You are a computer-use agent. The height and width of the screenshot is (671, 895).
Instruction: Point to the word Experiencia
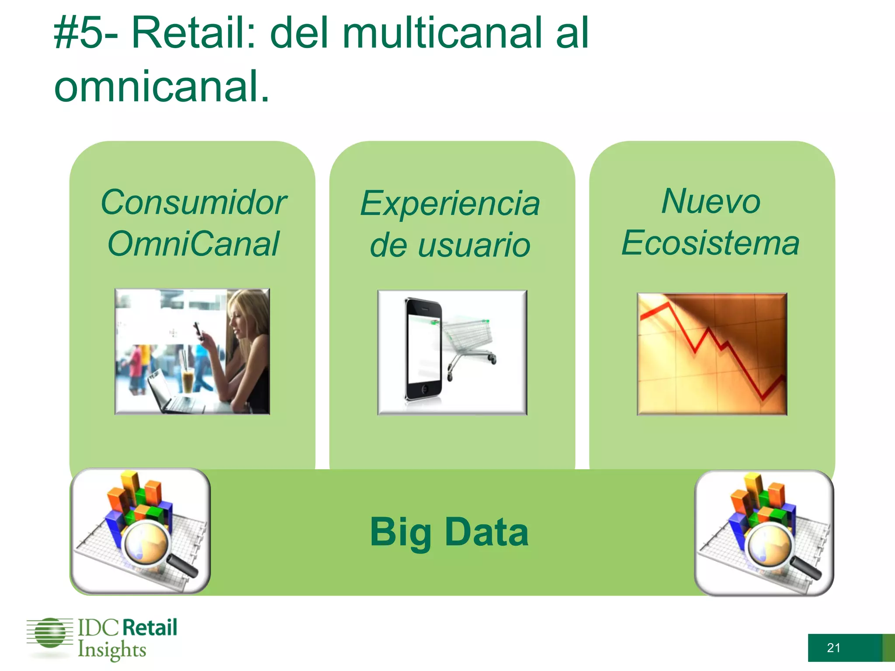point(450,204)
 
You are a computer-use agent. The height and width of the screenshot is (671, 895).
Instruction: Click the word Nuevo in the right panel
point(711,201)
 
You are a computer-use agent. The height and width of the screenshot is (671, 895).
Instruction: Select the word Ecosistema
point(711,243)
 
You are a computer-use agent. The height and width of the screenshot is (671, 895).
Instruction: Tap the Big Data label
point(450,532)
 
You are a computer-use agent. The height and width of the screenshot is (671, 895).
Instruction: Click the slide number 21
point(833,647)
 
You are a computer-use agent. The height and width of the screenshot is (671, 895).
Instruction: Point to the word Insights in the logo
point(112,650)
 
